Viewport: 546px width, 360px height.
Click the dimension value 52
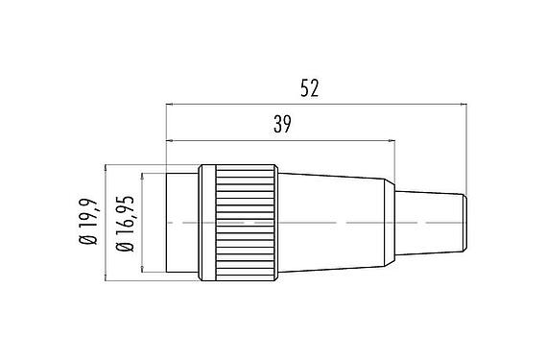pos(309,88)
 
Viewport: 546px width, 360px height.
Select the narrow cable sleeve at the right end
pos(429,222)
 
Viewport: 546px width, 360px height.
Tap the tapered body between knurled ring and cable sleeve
pos(331,223)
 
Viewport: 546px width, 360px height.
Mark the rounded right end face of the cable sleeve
pos(464,222)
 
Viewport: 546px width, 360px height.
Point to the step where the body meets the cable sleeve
pos(393,187)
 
